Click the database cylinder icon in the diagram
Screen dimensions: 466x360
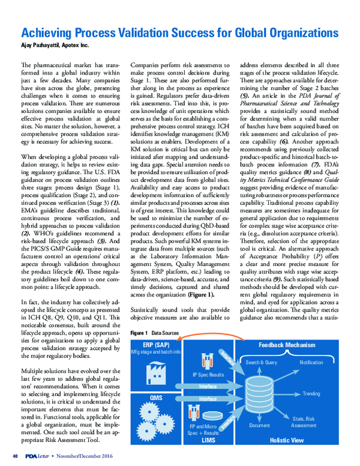[257, 392]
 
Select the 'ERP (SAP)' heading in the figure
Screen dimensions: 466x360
[149, 345]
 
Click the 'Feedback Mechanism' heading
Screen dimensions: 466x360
[286, 345]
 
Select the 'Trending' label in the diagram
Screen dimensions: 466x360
[311, 393]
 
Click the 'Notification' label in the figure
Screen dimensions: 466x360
[311, 362]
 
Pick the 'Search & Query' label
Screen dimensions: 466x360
[262, 362]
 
